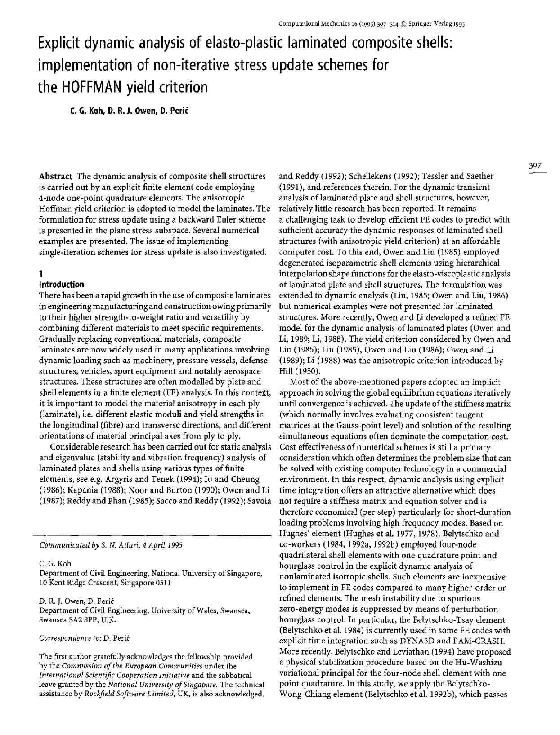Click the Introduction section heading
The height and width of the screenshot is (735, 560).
(62, 285)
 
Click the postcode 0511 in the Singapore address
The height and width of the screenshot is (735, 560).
(162, 583)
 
